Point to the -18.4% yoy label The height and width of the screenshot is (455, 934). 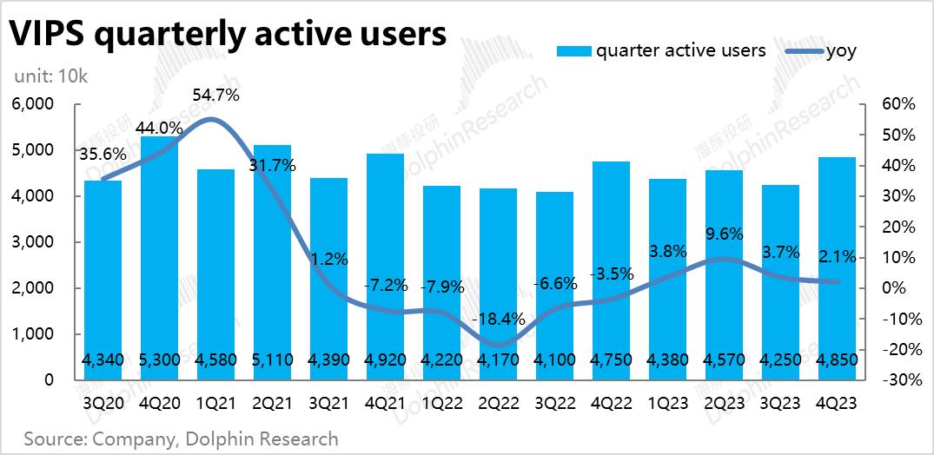click(x=498, y=319)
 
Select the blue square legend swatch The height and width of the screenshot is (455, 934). click(x=574, y=50)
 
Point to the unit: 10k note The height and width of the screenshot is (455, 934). click(x=50, y=76)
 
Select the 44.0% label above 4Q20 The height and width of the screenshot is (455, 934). click(x=160, y=127)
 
